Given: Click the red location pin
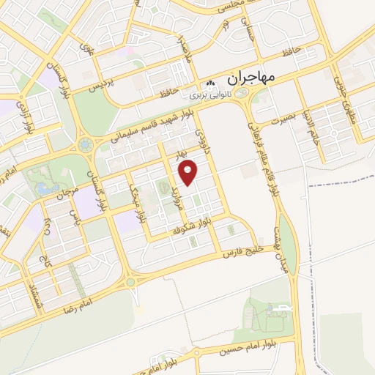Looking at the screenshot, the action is click(x=190, y=171).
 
